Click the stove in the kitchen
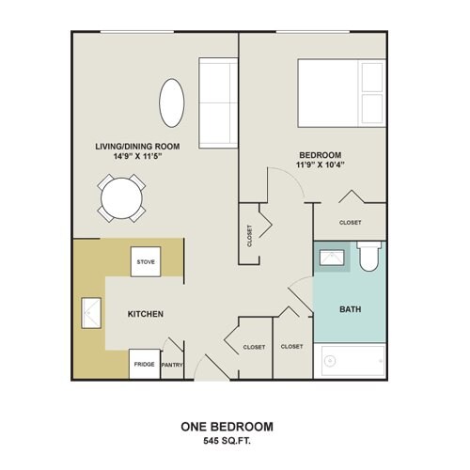pyautogui.click(x=146, y=261)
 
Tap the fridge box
pyautogui.click(x=145, y=364)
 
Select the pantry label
pyautogui.click(x=172, y=365)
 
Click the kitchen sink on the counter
pyautogui.click(x=91, y=313)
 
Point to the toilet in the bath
pyautogui.click(x=368, y=257)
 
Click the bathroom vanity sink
pyautogui.click(x=332, y=258)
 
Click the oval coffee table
pyautogui.click(x=172, y=102)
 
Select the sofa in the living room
pyautogui.click(x=218, y=102)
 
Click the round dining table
pyautogui.click(x=121, y=198)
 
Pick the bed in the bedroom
pyautogui.click(x=341, y=93)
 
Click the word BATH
pyautogui.click(x=351, y=309)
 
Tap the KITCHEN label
pyautogui.click(x=146, y=314)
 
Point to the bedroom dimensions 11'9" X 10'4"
pyautogui.click(x=321, y=164)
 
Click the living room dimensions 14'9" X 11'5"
pyautogui.click(x=137, y=156)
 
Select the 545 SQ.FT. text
pyautogui.click(x=227, y=441)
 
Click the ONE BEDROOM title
pyautogui.click(x=227, y=427)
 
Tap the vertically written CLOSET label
pyautogui.click(x=250, y=236)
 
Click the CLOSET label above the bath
pyautogui.click(x=351, y=223)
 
